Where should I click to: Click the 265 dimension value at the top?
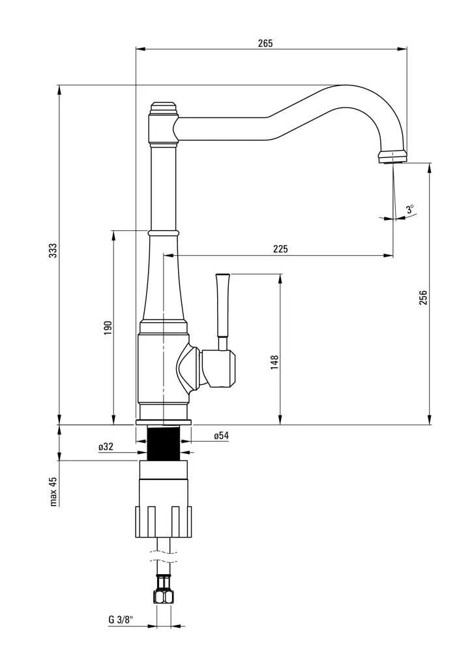tap(265, 44)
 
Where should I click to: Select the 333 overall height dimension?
tap(53, 250)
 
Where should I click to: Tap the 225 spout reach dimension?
tap(280, 249)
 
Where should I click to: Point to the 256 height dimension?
tap(423, 297)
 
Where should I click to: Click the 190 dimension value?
tap(108, 327)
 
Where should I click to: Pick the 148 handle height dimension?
tap(274, 363)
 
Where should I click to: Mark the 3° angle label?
tap(409, 209)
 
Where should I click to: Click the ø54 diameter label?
tap(221, 436)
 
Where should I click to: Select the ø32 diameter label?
tap(106, 447)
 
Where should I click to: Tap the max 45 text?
tap(53, 491)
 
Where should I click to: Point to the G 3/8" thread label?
tap(121, 619)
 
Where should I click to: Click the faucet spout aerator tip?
tap(392, 157)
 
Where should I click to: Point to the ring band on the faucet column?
tap(163, 232)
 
